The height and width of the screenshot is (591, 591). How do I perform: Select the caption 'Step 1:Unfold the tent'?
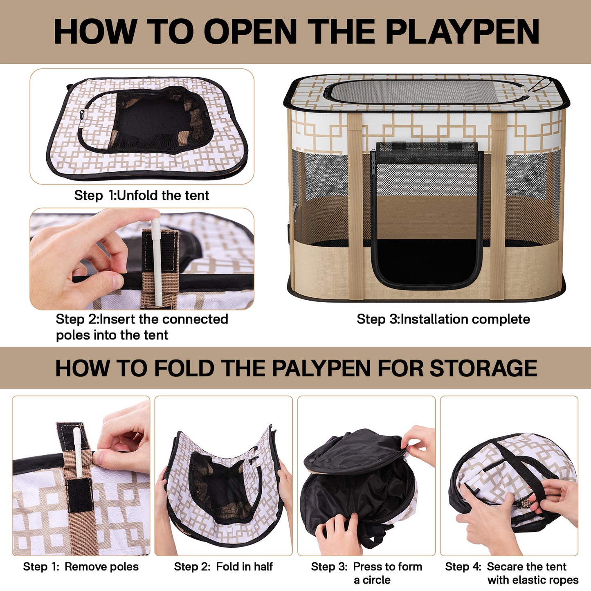pyautogui.click(x=142, y=196)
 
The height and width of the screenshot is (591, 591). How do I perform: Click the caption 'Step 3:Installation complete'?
pyautogui.click(x=443, y=319)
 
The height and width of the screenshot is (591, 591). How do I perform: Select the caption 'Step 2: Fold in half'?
pyautogui.click(x=223, y=566)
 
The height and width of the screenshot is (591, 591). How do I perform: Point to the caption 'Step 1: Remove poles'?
pyautogui.click(x=81, y=566)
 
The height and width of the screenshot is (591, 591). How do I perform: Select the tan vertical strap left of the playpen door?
pyautogui.click(x=355, y=204)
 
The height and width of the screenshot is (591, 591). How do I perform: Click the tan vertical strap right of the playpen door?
pyautogui.click(x=498, y=204)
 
